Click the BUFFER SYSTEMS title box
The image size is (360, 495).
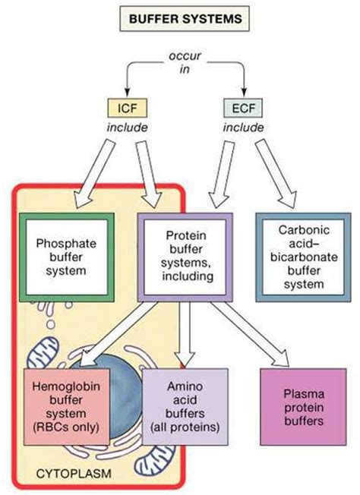(x=185, y=19)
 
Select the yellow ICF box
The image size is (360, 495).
(x=128, y=109)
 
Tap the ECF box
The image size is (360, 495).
(x=243, y=109)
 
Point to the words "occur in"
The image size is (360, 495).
(x=185, y=62)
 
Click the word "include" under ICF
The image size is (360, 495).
(x=128, y=128)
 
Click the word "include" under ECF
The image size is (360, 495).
(x=244, y=128)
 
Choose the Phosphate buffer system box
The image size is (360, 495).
(x=67, y=257)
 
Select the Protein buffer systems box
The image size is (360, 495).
(x=185, y=257)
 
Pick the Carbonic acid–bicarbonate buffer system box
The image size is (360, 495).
(x=304, y=257)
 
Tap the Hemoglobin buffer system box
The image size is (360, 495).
(x=67, y=407)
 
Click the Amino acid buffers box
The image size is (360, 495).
(x=185, y=407)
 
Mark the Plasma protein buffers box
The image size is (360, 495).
(x=304, y=407)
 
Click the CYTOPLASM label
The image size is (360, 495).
(x=74, y=474)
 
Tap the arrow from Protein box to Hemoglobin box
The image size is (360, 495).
(x=118, y=334)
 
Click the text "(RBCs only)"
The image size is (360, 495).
(x=66, y=427)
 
